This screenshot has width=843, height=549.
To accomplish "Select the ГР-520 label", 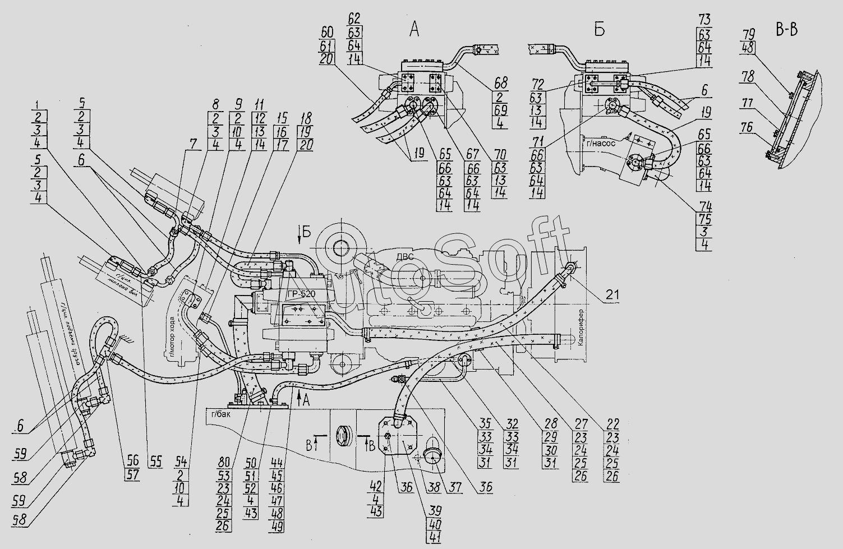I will (300, 294).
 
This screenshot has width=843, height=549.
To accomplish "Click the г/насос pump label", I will (601, 142).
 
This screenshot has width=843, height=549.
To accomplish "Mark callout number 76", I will (747, 128).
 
